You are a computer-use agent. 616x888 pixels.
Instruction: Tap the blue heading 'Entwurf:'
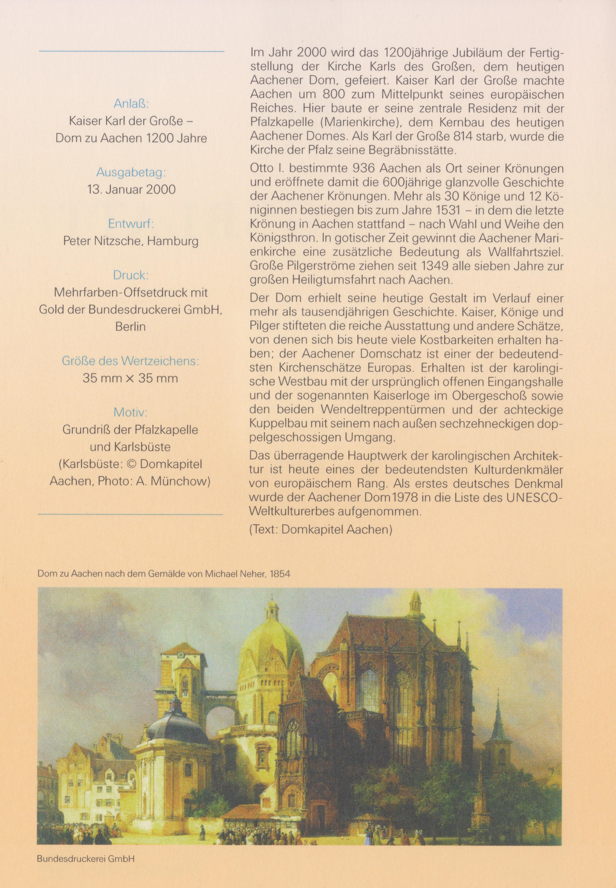click(131, 224)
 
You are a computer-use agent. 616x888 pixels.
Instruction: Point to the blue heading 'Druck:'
click(131, 275)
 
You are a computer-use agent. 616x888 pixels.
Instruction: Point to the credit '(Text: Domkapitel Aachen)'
click(321, 529)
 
